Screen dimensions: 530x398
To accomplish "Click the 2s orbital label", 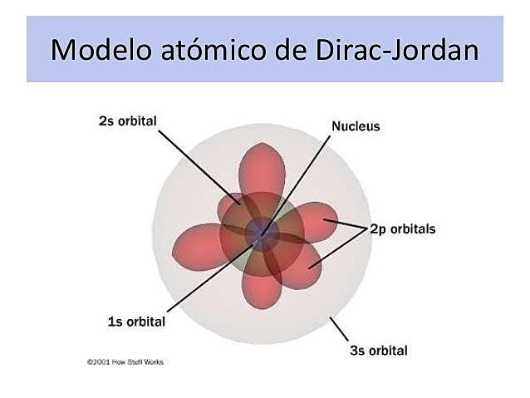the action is coord(127,120).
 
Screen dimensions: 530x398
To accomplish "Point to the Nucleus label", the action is coord(356,126).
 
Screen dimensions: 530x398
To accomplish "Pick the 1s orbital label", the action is coord(136,322).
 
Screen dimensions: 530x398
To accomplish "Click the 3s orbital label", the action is coord(378,350).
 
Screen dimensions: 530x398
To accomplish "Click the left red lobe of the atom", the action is coord(197,242).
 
